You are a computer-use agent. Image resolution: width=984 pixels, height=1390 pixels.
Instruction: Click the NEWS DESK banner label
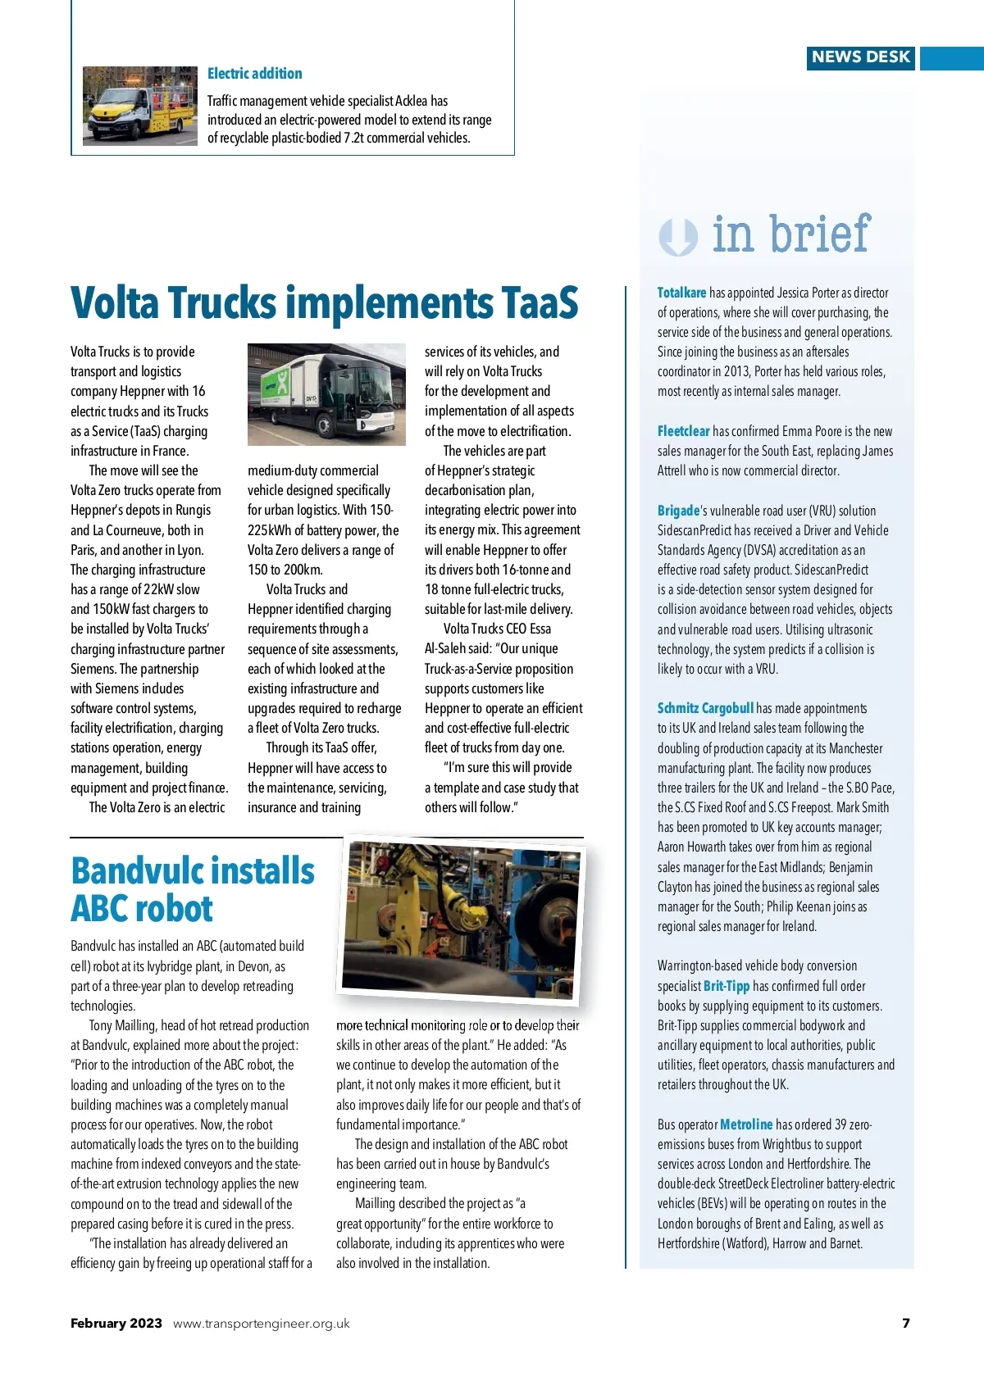tap(860, 57)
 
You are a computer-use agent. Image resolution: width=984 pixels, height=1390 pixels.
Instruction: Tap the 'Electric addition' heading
tap(254, 74)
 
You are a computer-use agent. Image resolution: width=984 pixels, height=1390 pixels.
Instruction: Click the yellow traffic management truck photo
tap(140, 107)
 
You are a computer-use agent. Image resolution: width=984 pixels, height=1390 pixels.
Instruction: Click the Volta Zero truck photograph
tap(326, 394)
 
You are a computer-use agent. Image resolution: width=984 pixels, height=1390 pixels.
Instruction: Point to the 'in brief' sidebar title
tap(790, 235)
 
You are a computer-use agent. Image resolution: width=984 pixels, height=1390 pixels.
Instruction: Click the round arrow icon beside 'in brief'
tap(677, 237)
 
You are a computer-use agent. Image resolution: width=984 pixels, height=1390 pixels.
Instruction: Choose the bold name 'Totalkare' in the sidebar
tap(681, 293)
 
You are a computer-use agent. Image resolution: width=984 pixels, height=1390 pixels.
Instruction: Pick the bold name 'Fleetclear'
tap(683, 431)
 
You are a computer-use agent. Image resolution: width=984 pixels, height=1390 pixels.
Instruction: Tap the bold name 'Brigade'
tap(678, 511)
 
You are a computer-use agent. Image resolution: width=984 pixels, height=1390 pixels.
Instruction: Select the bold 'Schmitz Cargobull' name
tap(705, 708)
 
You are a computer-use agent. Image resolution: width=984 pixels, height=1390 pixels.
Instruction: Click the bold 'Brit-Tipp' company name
tap(727, 986)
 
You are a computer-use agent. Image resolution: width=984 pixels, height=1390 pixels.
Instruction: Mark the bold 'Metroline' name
tap(746, 1124)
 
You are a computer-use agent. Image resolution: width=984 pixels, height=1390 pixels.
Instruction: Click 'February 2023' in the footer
tap(116, 1324)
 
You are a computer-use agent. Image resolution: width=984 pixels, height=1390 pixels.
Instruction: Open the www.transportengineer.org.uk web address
tap(262, 1324)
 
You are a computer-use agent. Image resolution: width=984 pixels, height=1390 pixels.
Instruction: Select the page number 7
tap(906, 1324)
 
